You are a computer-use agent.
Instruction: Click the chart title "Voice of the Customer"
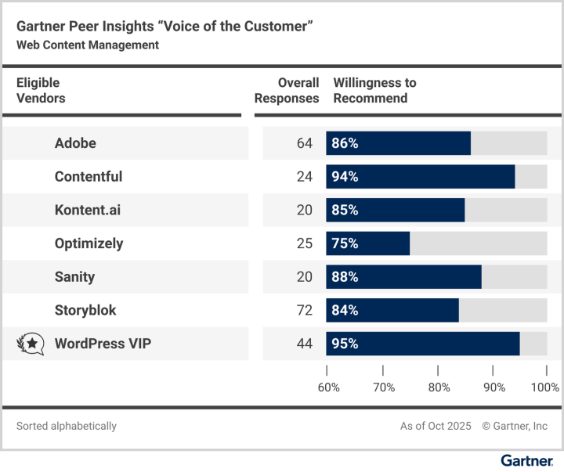pos(164,27)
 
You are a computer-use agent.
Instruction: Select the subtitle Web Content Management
pos(88,45)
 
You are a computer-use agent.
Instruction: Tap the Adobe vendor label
pos(75,143)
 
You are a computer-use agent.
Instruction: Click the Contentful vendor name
pos(89,177)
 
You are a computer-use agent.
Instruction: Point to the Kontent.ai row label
pos(87,210)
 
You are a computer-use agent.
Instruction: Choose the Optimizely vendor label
pos(89,243)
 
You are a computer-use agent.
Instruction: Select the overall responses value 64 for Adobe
pos(304,143)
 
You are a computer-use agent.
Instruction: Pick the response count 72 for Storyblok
pos(304,310)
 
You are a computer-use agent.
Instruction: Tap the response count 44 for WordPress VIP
pos(304,344)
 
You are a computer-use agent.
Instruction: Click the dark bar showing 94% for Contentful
pos(421,177)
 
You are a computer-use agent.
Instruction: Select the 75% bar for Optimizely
pos(368,243)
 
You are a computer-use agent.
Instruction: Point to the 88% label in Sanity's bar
pos(345,277)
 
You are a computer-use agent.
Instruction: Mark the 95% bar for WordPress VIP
pos(423,344)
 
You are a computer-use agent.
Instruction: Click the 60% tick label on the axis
pos(328,387)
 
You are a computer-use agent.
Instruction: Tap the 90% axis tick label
pos(494,387)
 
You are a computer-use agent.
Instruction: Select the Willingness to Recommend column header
pos(374,91)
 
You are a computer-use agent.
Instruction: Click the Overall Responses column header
pos(287,91)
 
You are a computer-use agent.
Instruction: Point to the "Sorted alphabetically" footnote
pos(67,427)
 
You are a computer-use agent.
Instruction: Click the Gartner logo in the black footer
pos(526,461)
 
